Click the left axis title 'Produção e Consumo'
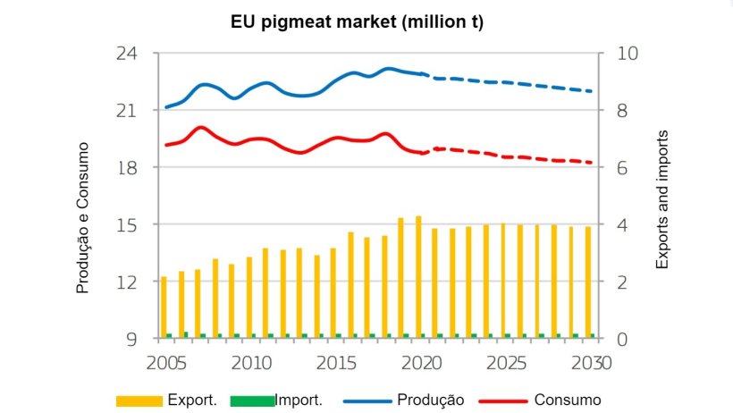(x=82, y=217)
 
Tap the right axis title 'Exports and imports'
(x=662, y=198)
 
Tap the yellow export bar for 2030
(x=588, y=282)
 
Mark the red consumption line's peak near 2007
(x=201, y=128)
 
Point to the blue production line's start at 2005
(x=166, y=107)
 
